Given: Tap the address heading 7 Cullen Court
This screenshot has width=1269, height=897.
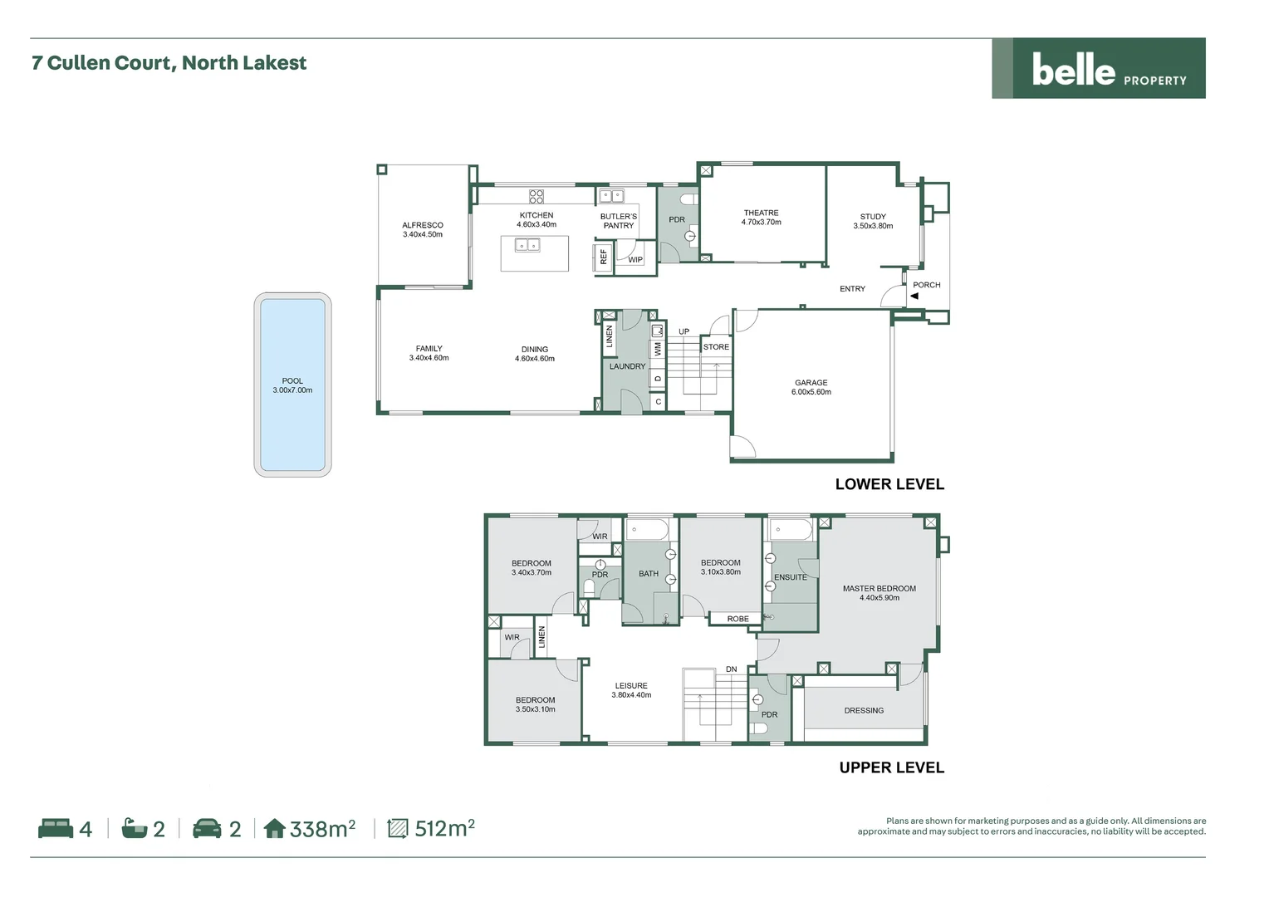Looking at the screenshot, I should [x=169, y=63].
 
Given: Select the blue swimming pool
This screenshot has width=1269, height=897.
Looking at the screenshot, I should [x=292, y=385].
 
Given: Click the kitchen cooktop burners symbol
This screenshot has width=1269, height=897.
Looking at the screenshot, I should [x=537, y=196].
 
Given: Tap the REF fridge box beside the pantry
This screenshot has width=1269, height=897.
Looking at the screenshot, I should [x=604, y=257].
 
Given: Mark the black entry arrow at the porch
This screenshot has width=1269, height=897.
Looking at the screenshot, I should [x=914, y=296].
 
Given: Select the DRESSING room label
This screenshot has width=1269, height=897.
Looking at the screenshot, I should [x=864, y=711].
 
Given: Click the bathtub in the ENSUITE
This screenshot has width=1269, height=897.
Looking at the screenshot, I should [x=791, y=530].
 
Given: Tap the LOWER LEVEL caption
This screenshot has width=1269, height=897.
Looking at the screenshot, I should [x=889, y=484].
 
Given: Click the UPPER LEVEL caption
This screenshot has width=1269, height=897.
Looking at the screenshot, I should [x=891, y=767].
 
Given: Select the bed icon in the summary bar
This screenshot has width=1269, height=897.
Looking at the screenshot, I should [x=56, y=828].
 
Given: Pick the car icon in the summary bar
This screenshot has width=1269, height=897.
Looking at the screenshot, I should [x=207, y=828].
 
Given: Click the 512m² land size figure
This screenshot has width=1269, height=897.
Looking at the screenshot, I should [x=444, y=828].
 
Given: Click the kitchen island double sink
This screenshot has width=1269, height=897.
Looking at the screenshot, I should [x=527, y=245].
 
